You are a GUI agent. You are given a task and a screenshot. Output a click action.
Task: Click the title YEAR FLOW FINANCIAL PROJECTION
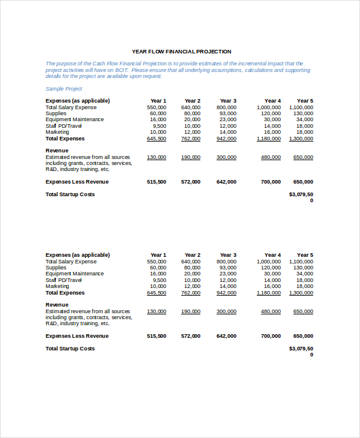click(181, 52)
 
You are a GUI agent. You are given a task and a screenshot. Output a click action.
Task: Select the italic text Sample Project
click(64, 89)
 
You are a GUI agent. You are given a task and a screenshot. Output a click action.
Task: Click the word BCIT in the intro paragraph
click(113, 70)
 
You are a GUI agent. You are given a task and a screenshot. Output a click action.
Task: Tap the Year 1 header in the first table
click(158, 101)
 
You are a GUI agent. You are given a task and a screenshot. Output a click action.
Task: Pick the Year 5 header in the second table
click(305, 255)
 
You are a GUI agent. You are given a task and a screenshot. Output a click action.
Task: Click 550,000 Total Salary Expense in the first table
click(157, 107)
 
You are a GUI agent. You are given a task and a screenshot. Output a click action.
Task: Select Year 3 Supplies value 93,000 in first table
click(228, 113)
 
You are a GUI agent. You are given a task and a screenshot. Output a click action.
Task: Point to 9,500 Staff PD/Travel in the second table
click(159, 280)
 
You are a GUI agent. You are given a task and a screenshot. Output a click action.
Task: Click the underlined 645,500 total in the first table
click(157, 139)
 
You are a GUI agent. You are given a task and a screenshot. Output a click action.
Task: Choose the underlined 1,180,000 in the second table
click(268, 293)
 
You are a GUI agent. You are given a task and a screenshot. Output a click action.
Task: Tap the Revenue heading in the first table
click(57, 151)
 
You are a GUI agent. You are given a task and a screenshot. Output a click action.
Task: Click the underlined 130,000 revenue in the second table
click(157, 311)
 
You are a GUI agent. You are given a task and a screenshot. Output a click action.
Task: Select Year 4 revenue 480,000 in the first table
click(271, 157)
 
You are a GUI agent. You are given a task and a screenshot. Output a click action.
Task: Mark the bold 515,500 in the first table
click(157, 182)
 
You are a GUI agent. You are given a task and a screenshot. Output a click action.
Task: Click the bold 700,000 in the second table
click(271, 336)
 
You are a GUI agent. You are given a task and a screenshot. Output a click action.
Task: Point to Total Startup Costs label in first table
click(70, 194)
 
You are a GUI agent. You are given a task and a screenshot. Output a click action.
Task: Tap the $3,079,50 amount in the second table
click(301, 349)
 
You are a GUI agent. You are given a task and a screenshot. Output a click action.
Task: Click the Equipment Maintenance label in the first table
click(74, 119)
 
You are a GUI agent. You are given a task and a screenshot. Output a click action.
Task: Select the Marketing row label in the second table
click(58, 286)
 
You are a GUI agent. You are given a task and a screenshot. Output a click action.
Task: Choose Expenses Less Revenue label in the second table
click(77, 336)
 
